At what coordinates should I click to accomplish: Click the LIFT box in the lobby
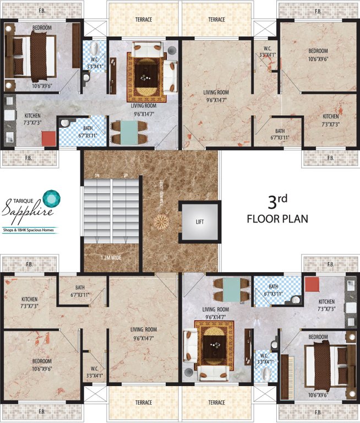point(199,222)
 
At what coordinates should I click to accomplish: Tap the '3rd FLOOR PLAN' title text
point(277,209)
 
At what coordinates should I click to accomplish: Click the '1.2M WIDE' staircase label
point(111,257)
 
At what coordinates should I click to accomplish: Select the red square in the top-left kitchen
point(47,137)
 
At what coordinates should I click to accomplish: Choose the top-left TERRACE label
point(144,20)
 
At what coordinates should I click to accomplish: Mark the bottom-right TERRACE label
point(216,403)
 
